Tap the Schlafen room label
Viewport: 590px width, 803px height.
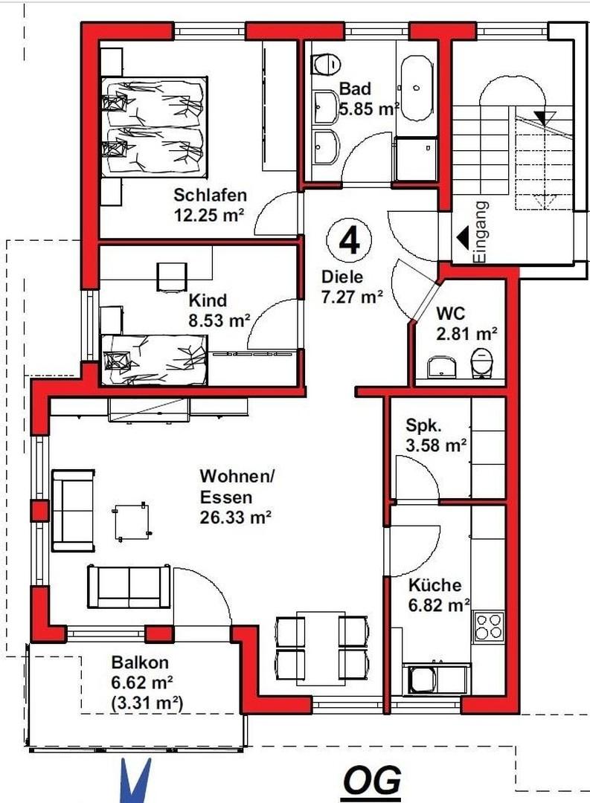tap(210, 195)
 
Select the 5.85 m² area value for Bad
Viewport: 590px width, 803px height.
tap(369, 109)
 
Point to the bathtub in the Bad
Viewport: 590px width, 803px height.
tap(416, 88)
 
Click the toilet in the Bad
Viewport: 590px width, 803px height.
tap(326, 65)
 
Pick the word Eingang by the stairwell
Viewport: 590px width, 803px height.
tap(481, 232)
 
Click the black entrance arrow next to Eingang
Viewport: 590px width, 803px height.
tap(463, 238)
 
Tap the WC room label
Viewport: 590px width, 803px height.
tap(451, 312)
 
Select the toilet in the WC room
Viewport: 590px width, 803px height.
tap(481, 362)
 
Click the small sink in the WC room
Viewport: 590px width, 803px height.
tap(441, 366)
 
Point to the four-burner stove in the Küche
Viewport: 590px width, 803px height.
tap(489, 626)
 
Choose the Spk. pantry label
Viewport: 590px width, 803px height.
tap(423, 425)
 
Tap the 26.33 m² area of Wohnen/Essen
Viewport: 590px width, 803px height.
tap(235, 517)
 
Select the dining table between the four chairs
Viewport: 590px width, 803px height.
tap(321, 648)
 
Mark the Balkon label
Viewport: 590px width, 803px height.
tap(140, 662)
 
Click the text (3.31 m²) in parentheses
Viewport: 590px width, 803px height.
tap(147, 703)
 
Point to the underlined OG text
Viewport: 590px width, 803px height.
tap(372, 781)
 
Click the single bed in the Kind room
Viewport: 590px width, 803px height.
tap(154, 360)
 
